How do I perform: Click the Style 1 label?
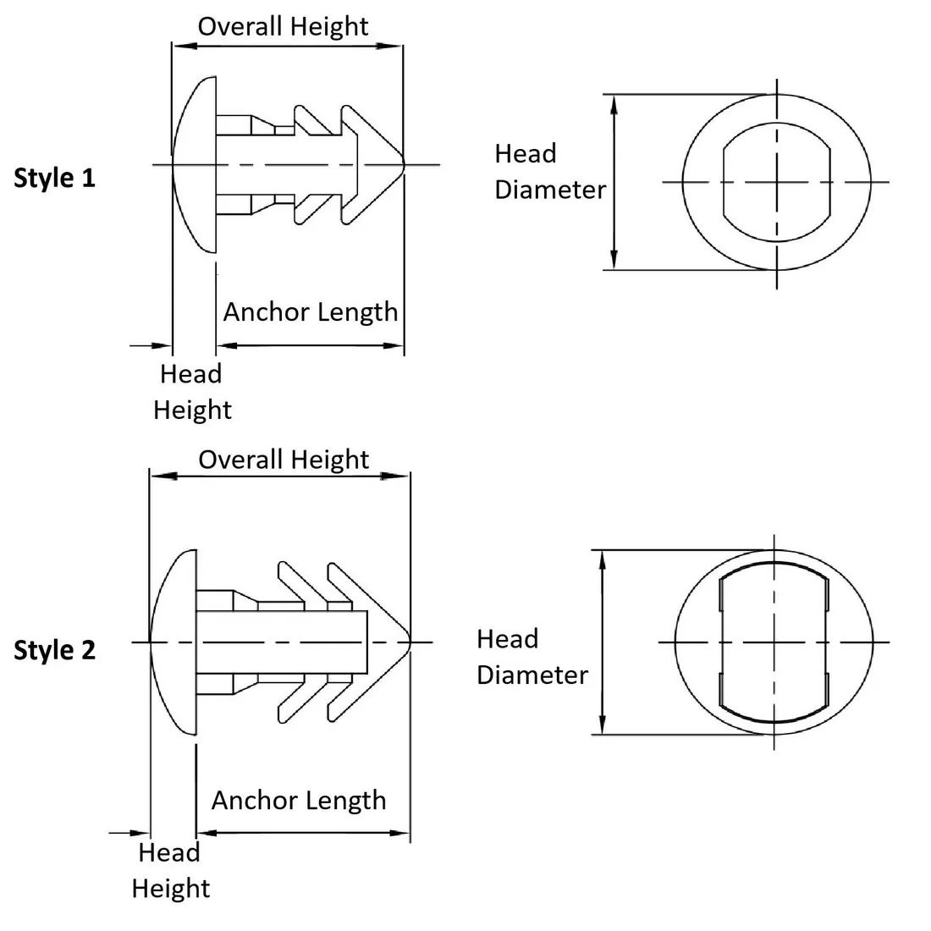click(55, 179)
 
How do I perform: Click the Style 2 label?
click(55, 651)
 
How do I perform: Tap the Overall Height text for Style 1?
click(283, 26)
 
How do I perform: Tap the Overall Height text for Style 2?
click(284, 460)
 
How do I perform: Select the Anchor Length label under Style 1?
click(310, 312)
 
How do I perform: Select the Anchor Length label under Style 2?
click(298, 801)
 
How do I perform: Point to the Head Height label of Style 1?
click(191, 392)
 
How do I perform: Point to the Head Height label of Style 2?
click(170, 870)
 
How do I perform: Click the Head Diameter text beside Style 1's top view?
click(550, 172)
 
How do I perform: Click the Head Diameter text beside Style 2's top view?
click(532, 657)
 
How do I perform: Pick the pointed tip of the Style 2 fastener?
click(409, 642)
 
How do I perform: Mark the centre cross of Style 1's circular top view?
click(777, 181)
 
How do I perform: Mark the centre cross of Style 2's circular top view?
click(774, 642)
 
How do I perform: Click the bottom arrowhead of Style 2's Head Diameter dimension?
click(603, 727)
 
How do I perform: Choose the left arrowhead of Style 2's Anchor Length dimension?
click(204, 833)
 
